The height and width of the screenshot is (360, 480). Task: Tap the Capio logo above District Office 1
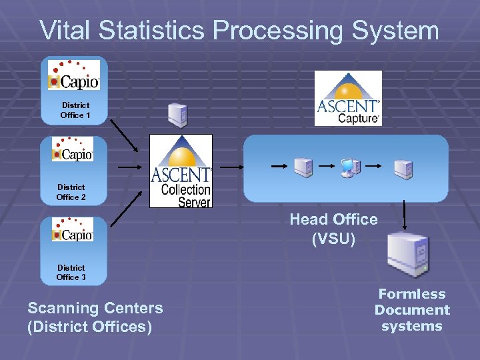tap(73, 75)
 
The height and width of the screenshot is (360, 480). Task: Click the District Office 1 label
tap(75, 110)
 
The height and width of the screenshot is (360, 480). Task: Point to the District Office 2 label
tap(71, 192)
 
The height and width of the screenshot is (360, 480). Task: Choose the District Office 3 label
tap(71, 272)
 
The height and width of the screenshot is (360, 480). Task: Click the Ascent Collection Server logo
tap(181, 171)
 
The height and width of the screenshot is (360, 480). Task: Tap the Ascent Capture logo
tap(348, 98)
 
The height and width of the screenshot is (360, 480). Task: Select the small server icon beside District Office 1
tap(177, 115)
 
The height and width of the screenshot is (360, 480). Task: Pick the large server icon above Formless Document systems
tap(408, 254)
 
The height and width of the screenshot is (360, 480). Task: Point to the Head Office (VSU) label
tap(333, 229)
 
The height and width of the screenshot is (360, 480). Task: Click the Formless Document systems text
tap(412, 310)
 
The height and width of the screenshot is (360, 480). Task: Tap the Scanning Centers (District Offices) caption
tap(95, 317)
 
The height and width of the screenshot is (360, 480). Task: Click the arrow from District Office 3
tap(127, 209)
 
